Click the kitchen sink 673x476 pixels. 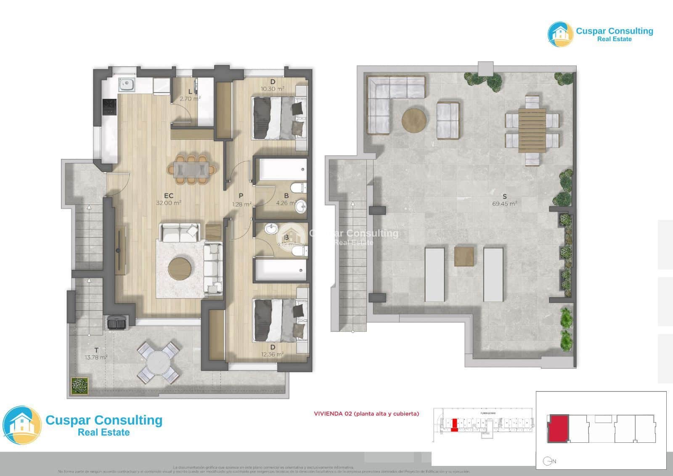pyautogui.click(x=126, y=85)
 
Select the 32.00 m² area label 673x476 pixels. pyautogui.click(x=169, y=203)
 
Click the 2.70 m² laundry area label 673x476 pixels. pyautogui.click(x=190, y=99)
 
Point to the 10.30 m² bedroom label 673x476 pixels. pyautogui.click(x=272, y=89)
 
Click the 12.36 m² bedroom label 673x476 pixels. pyautogui.click(x=272, y=354)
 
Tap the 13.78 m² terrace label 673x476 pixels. pyautogui.click(x=96, y=357)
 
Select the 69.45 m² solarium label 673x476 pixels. pyautogui.click(x=504, y=204)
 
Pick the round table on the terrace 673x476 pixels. pyautogui.click(x=159, y=362)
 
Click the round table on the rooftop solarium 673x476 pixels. pyautogui.click(x=414, y=121)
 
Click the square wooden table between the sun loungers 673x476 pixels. pyautogui.click(x=464, y=257)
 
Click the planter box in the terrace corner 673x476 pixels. pyautogui.click(x=79, y=385)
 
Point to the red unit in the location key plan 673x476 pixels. pyautogui.click(x=558, y=428)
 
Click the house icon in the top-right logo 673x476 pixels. pyautogui.click(x=560, y=34)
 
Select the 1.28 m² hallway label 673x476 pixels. pyautogui.click(x=241, y=204)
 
